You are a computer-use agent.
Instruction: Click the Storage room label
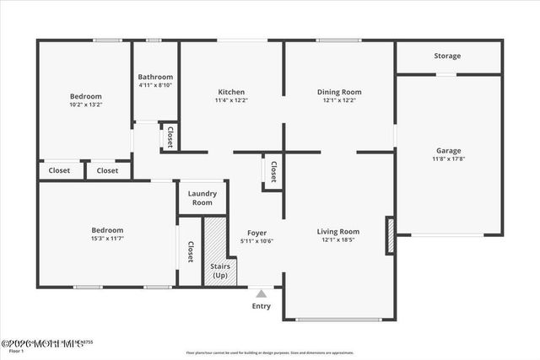447,56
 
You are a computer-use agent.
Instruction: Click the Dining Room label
339,92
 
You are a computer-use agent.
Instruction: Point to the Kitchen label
231,92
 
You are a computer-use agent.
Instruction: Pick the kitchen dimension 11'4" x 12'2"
231,100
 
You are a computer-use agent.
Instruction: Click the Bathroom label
156,77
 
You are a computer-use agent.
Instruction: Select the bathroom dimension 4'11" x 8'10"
156,85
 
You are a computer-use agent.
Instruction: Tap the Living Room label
338,232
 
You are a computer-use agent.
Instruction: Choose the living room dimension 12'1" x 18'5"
338,240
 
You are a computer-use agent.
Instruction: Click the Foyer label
257,233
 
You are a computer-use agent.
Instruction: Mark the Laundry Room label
202,198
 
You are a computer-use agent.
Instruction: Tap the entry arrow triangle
262,293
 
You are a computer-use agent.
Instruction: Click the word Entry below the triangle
262,306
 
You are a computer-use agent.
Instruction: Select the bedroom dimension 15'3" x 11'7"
108,239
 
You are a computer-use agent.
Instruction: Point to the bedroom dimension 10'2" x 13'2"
85,105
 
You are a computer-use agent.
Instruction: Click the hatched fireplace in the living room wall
390,235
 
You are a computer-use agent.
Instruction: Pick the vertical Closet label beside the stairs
191,251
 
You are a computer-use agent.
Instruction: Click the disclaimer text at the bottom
270,352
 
